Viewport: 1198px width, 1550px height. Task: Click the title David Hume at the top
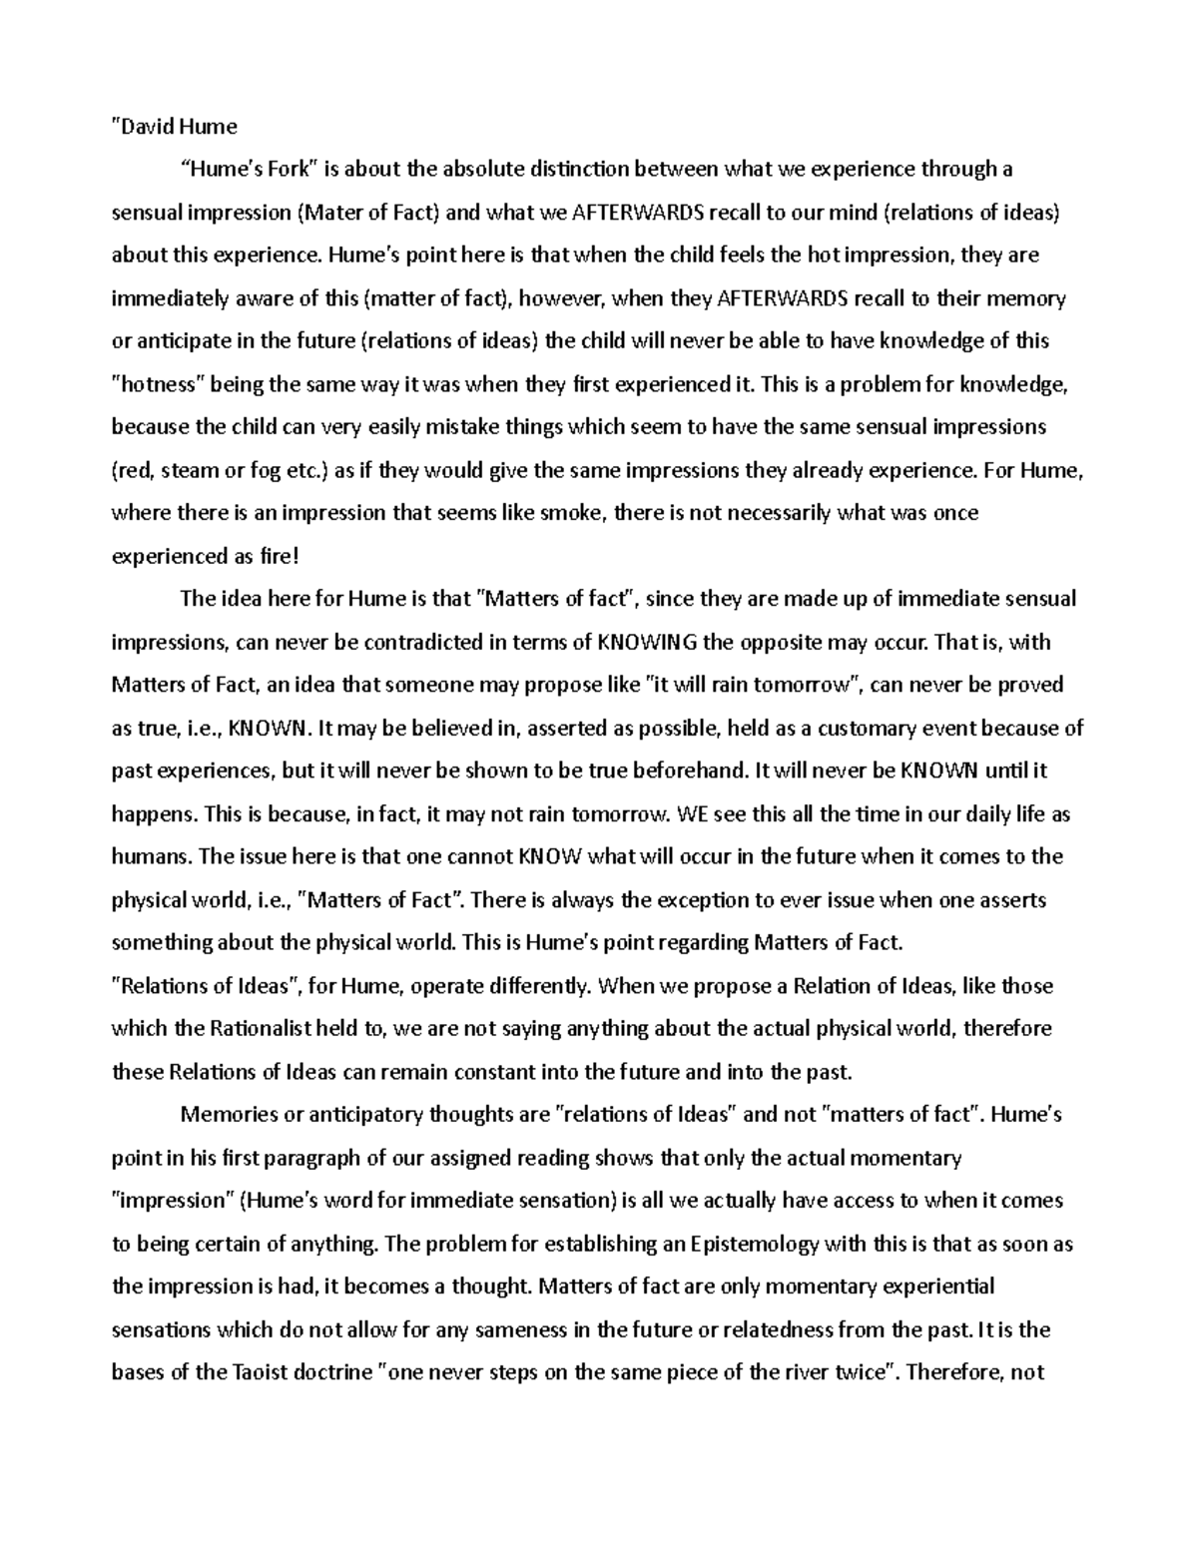[174, 126]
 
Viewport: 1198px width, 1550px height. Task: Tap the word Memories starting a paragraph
[225, 1115]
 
